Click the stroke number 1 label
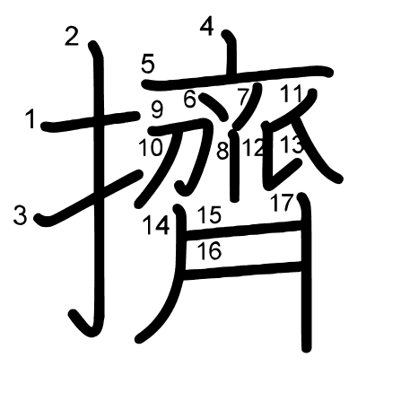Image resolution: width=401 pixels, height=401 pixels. click(32, 118)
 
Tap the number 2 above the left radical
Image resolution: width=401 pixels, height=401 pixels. click(72, 37)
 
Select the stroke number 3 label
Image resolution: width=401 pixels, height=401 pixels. click(22, 215)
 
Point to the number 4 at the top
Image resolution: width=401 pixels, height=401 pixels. click(206, 27)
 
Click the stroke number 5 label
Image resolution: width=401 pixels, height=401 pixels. click(148, 64)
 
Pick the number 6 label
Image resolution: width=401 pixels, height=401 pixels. click(189, 100)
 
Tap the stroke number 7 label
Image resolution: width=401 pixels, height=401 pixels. click(243, 97)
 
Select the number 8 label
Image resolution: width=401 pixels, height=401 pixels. click(222, 151)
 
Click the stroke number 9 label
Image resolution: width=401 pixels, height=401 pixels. click(157, 111)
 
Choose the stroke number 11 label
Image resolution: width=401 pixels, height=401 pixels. click(292, 93)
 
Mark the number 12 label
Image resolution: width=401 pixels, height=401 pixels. click(254, 148)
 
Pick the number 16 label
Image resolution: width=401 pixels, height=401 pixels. click(208, 251)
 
